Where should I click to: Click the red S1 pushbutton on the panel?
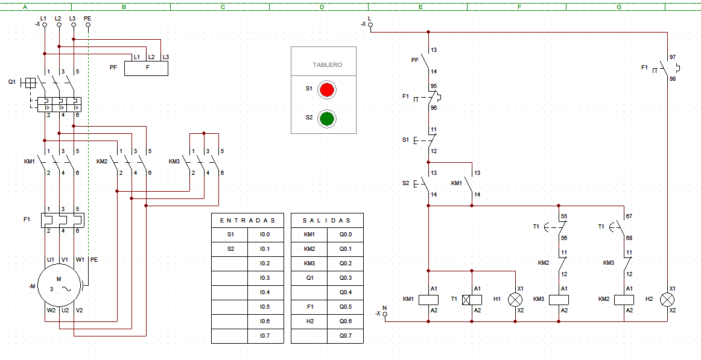click(x=327, y=90)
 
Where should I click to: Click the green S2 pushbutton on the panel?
click(x=327, y=119)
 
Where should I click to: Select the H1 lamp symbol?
click(x=515, y=300)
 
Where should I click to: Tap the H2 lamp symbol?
click(x=667, y=300)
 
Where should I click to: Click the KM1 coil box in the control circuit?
click(x=428, y=300)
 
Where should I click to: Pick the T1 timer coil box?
click(x=472, y=300)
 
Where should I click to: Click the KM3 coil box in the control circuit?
click(x=559, y=300)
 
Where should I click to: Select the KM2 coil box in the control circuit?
click(x=624, y=300)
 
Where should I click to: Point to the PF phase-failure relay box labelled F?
click(x=146, y=68)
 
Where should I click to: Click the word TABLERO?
click(x=327, y=65)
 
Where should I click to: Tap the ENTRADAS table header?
click(x=248, y=221)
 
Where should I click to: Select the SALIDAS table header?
click(x=327, y=221)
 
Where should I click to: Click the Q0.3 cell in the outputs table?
click(x=345, y=278)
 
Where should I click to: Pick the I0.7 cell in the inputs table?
click(x=265, y=336)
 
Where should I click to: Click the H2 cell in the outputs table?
click(x=309, y=321)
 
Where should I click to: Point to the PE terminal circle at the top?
click(x=88, y=25)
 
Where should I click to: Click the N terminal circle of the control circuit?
click(x=385, y=314)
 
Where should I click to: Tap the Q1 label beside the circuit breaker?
click(x=12, y=82)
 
